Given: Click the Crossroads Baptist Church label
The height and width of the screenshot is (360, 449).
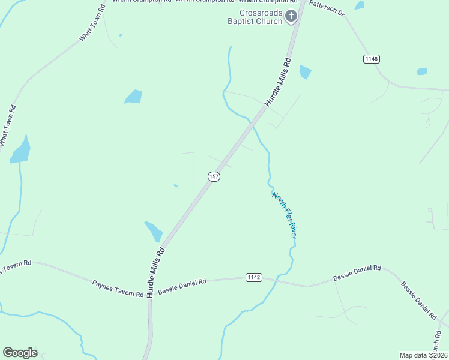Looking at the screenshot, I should pos(261,17).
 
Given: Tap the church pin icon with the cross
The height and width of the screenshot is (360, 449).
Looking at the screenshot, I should pos(291,16).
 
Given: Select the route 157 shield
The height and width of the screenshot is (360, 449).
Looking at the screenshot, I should pos(214,176).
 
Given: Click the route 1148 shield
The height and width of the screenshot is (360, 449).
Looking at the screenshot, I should pos(371,59).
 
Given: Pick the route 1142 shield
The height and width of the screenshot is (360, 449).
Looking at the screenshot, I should pos(253,277).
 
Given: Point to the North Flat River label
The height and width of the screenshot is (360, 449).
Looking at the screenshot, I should pos(284,215).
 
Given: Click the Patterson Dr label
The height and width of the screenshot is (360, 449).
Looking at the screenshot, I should pos(327,9).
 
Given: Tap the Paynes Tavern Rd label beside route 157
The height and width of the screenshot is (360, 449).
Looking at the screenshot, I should pos(118,287).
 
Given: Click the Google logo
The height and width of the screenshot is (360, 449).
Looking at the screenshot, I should pos(20,353).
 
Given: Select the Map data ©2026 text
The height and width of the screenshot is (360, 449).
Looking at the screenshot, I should pos(423,355).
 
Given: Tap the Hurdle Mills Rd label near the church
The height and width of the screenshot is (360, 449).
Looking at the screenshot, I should pos(277,83).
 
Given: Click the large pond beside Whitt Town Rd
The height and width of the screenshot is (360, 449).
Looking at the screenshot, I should pos(20,151).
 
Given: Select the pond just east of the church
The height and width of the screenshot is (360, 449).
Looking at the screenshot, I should pos(305,72).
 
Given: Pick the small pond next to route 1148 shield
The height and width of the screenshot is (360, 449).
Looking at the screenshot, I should pos(422,71).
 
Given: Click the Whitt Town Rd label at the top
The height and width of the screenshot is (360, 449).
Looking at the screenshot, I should pos(92,25).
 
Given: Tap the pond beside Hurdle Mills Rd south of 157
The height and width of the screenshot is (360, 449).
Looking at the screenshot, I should pos(154,231).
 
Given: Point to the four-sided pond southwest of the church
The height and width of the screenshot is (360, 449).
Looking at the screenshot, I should pos(133,96).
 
